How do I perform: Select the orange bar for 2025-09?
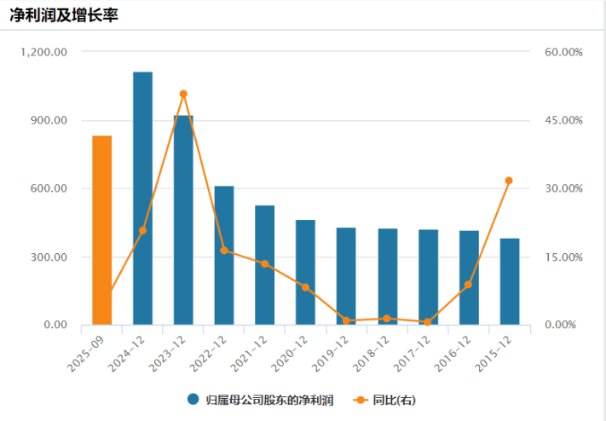coord(102,230)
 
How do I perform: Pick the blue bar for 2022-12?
coord(224,255)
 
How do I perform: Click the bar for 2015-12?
coord(509,281)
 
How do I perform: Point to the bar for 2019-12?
coord(346,276)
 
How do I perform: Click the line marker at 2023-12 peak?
coord(183,94)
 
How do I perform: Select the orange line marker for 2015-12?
coord(509,181)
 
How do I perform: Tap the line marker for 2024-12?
coord(142,230)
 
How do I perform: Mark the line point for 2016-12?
coord(468,285)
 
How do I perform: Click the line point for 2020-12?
coord(305,287)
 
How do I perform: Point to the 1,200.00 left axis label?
coord(47,52)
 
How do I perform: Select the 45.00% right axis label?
coord(563,120)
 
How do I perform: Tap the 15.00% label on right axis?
coord(563,257)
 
